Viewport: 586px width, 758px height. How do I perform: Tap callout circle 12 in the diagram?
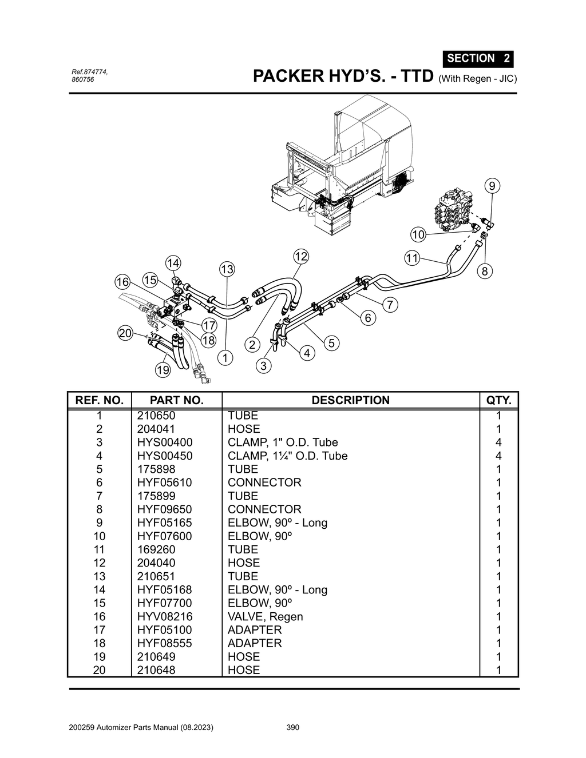[x=301, y=256]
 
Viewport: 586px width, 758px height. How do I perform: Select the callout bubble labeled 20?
[x=125, y=333]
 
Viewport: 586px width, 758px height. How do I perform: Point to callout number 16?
[x=122, y=282]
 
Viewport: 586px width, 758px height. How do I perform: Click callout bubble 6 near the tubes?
[x=367, y=318]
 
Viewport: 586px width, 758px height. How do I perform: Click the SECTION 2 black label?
[x=478, y=58]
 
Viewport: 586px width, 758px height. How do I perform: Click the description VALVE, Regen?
[x=265, y=616]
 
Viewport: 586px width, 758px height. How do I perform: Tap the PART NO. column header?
[x=176, y=400]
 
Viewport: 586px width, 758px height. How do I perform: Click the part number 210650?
[x=156, y=416]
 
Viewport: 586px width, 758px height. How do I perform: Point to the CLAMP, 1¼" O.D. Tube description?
[x=287, y=456]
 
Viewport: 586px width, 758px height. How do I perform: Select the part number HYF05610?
[x=164, y=482]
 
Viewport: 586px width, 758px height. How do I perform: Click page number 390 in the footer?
[x=292, y=728]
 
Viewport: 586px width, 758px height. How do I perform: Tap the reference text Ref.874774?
[x=89, y=72]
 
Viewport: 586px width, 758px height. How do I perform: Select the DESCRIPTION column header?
[x=350, y=400]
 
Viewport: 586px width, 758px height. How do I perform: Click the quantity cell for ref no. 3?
[x=498, y=442]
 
